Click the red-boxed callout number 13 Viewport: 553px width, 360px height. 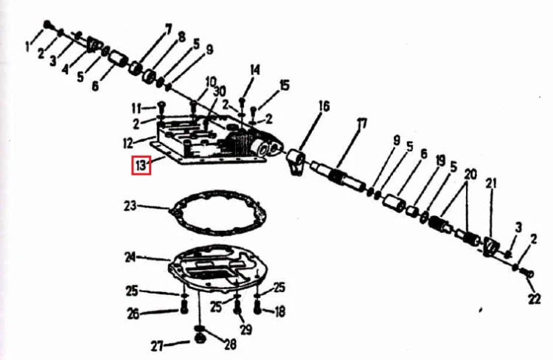point(141,165)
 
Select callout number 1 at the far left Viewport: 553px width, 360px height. point(28,46)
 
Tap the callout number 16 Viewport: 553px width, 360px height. point(324,106)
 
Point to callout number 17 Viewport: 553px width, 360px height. point(362,123)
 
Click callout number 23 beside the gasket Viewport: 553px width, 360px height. point(130,206)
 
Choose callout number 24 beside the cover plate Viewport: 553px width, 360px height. point(130,257)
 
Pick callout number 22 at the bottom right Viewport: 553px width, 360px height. point(534,299)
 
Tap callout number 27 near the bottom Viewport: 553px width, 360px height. point(157,346)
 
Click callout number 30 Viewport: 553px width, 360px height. point(220,91)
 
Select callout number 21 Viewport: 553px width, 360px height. point(491,184)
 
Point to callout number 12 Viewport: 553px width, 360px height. point(128,143)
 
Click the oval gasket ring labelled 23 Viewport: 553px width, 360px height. point(218,212)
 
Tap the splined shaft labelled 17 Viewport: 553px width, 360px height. point(338,175)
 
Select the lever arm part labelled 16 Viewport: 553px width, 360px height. point(295,161)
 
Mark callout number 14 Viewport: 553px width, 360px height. point(254,70)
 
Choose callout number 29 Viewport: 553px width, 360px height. point(246,329)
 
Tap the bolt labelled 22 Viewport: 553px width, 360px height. point(527,273)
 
